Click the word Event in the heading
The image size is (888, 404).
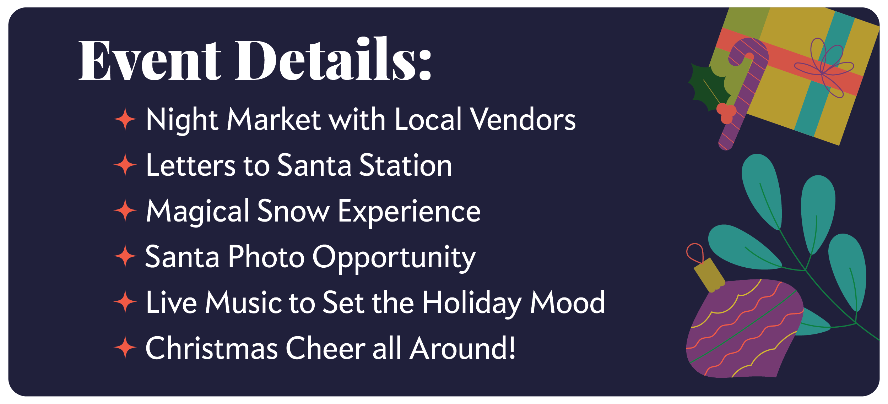click(150, 60)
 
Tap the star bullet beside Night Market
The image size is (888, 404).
click(125, 119)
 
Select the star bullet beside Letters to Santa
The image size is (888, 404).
click(125, 165)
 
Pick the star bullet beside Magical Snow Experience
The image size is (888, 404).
click(125, 211)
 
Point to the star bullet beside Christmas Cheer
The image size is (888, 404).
click(125, 348)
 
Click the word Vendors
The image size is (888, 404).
click(523, 119)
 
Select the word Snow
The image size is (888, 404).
click(293, 211)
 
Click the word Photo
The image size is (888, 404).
click(266, 256)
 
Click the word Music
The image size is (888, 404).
click(243, 302)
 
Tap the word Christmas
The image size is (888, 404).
click(212, 348)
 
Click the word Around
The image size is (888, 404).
click(462, 348)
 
